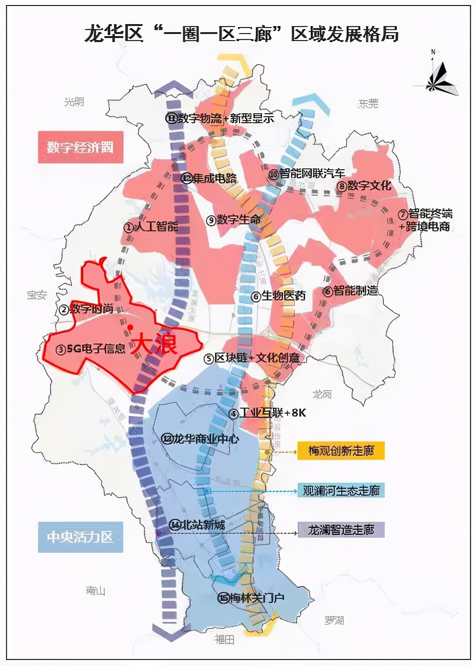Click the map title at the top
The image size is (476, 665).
[x=241, y=34]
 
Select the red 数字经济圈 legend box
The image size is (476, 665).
[x=80, y=147]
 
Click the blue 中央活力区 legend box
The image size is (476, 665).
[x=80, y=537]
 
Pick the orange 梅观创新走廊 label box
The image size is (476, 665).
[x=341, y=450]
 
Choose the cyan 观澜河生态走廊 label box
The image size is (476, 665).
[x=341, y=490]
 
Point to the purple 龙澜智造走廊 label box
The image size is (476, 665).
[x=341, y=529]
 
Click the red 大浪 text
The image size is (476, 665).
[x=154, y=345]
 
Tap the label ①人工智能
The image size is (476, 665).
[x=151, y=226]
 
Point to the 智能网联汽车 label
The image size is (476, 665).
[x=307, y=174]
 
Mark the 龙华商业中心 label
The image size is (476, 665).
[x=200, y=439]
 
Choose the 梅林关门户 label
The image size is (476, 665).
[x=251, y=597]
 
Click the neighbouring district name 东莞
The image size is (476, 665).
[x=368, y=104]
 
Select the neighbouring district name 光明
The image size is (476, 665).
[x=74, y=102]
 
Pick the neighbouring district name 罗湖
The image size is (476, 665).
[x=334, y=620]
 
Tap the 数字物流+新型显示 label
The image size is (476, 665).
[x=220, y=118]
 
